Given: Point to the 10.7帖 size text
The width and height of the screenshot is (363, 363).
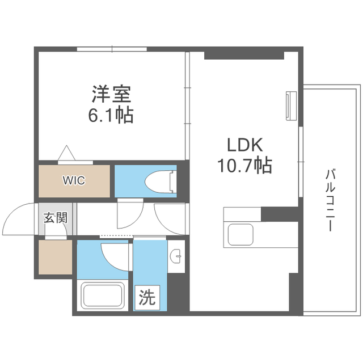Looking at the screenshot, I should tap(244, 166).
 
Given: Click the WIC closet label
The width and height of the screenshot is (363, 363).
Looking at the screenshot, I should tap(74, 181).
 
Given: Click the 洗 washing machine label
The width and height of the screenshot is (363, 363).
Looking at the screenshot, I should tap(146, 297).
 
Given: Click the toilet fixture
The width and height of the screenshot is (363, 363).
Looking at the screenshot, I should tap(162, 181).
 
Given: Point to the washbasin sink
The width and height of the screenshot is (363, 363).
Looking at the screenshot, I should tap(176, 257).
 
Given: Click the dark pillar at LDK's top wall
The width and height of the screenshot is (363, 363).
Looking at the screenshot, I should tap(244, 55).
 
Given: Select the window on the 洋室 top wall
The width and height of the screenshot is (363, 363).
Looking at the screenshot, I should tap(112, 49).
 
